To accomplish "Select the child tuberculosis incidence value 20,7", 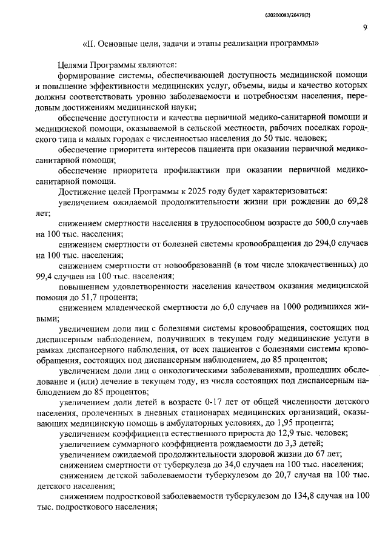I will [x=275, y=476].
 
